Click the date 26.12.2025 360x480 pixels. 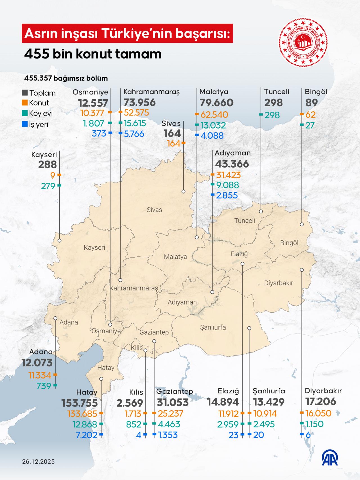coord(39,461)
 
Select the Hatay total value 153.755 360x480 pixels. coord(80,403)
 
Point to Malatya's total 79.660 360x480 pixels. coord(217,103)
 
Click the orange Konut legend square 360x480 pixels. coord(25,103)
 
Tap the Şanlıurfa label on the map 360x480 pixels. coord(213,327)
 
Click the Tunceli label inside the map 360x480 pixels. coord(245,220)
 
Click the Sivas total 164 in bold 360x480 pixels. coord(172,133)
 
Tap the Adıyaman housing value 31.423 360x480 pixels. coord(228,175)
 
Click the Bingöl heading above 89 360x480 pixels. coord(316,92)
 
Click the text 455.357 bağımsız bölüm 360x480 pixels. coord(66,78)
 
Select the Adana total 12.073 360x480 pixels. coord(37,363)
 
